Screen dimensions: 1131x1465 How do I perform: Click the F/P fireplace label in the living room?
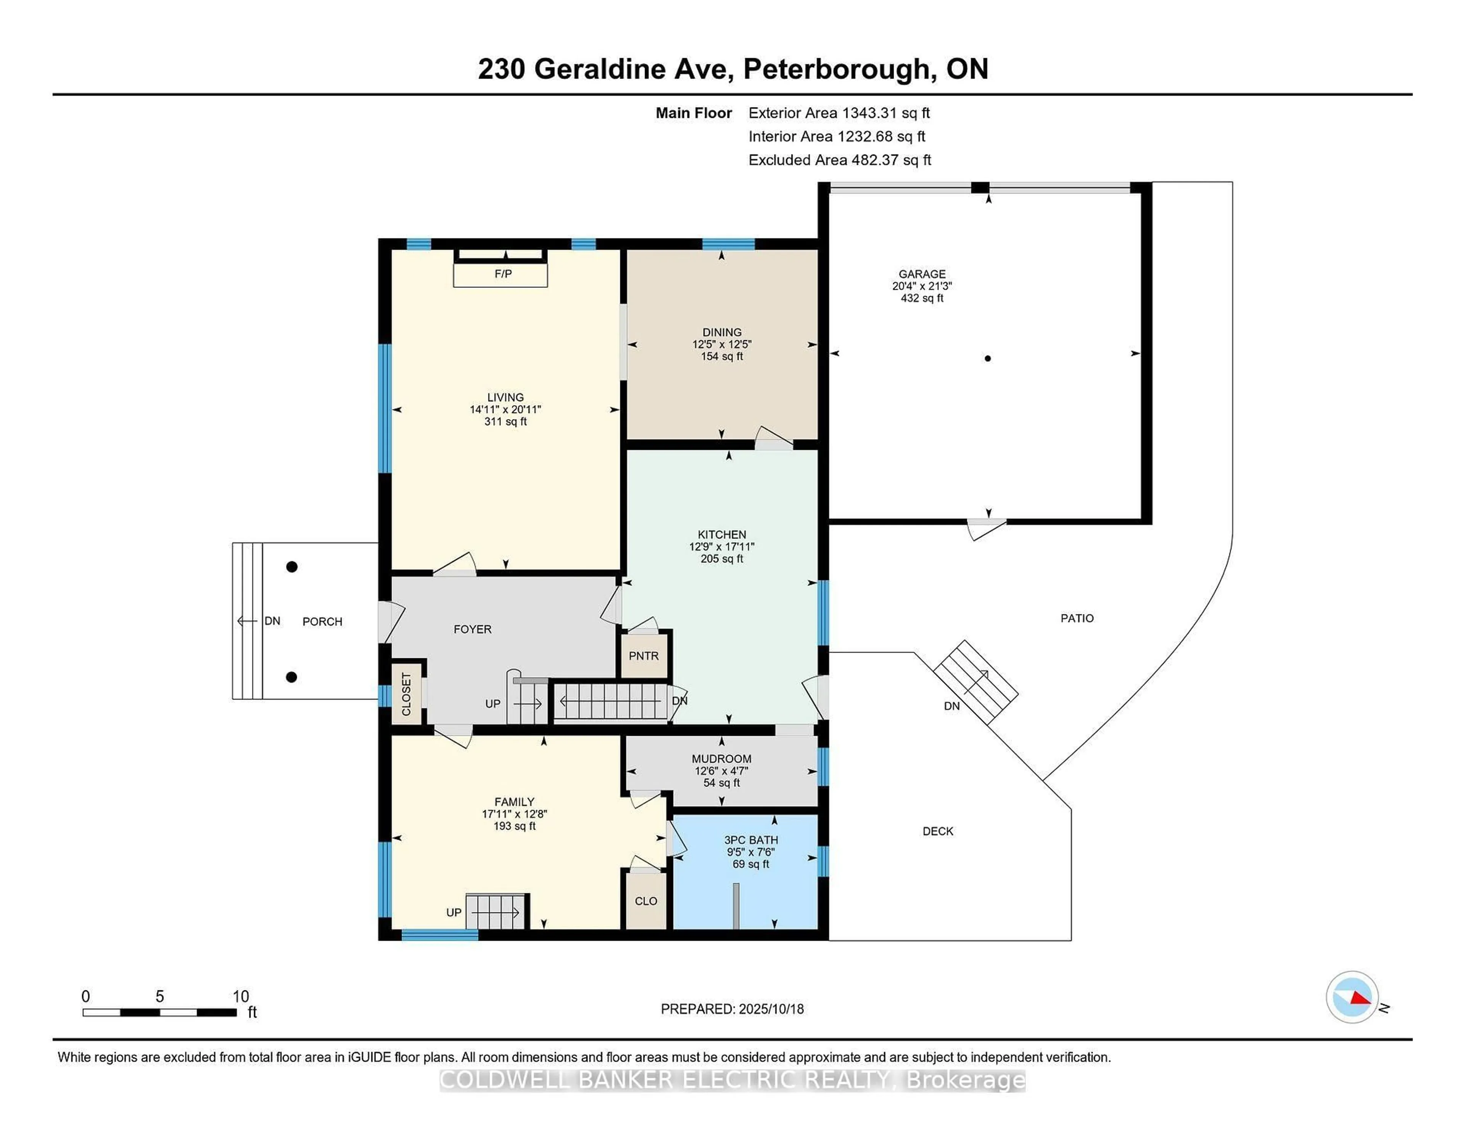[503, 274]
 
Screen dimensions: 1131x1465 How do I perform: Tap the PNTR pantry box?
[643, 655]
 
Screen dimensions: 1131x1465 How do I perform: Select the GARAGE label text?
[922, 274]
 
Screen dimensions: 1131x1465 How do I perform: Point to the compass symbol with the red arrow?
[1352, 997]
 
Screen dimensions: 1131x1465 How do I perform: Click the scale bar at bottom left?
[159, 1012]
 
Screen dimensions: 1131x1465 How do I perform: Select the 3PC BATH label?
[750, 839]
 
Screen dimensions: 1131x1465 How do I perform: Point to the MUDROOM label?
[721, 758]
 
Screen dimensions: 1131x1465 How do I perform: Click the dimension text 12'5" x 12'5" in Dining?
[722, 344]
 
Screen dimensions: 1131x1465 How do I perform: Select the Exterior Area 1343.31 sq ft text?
[839, 112]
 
